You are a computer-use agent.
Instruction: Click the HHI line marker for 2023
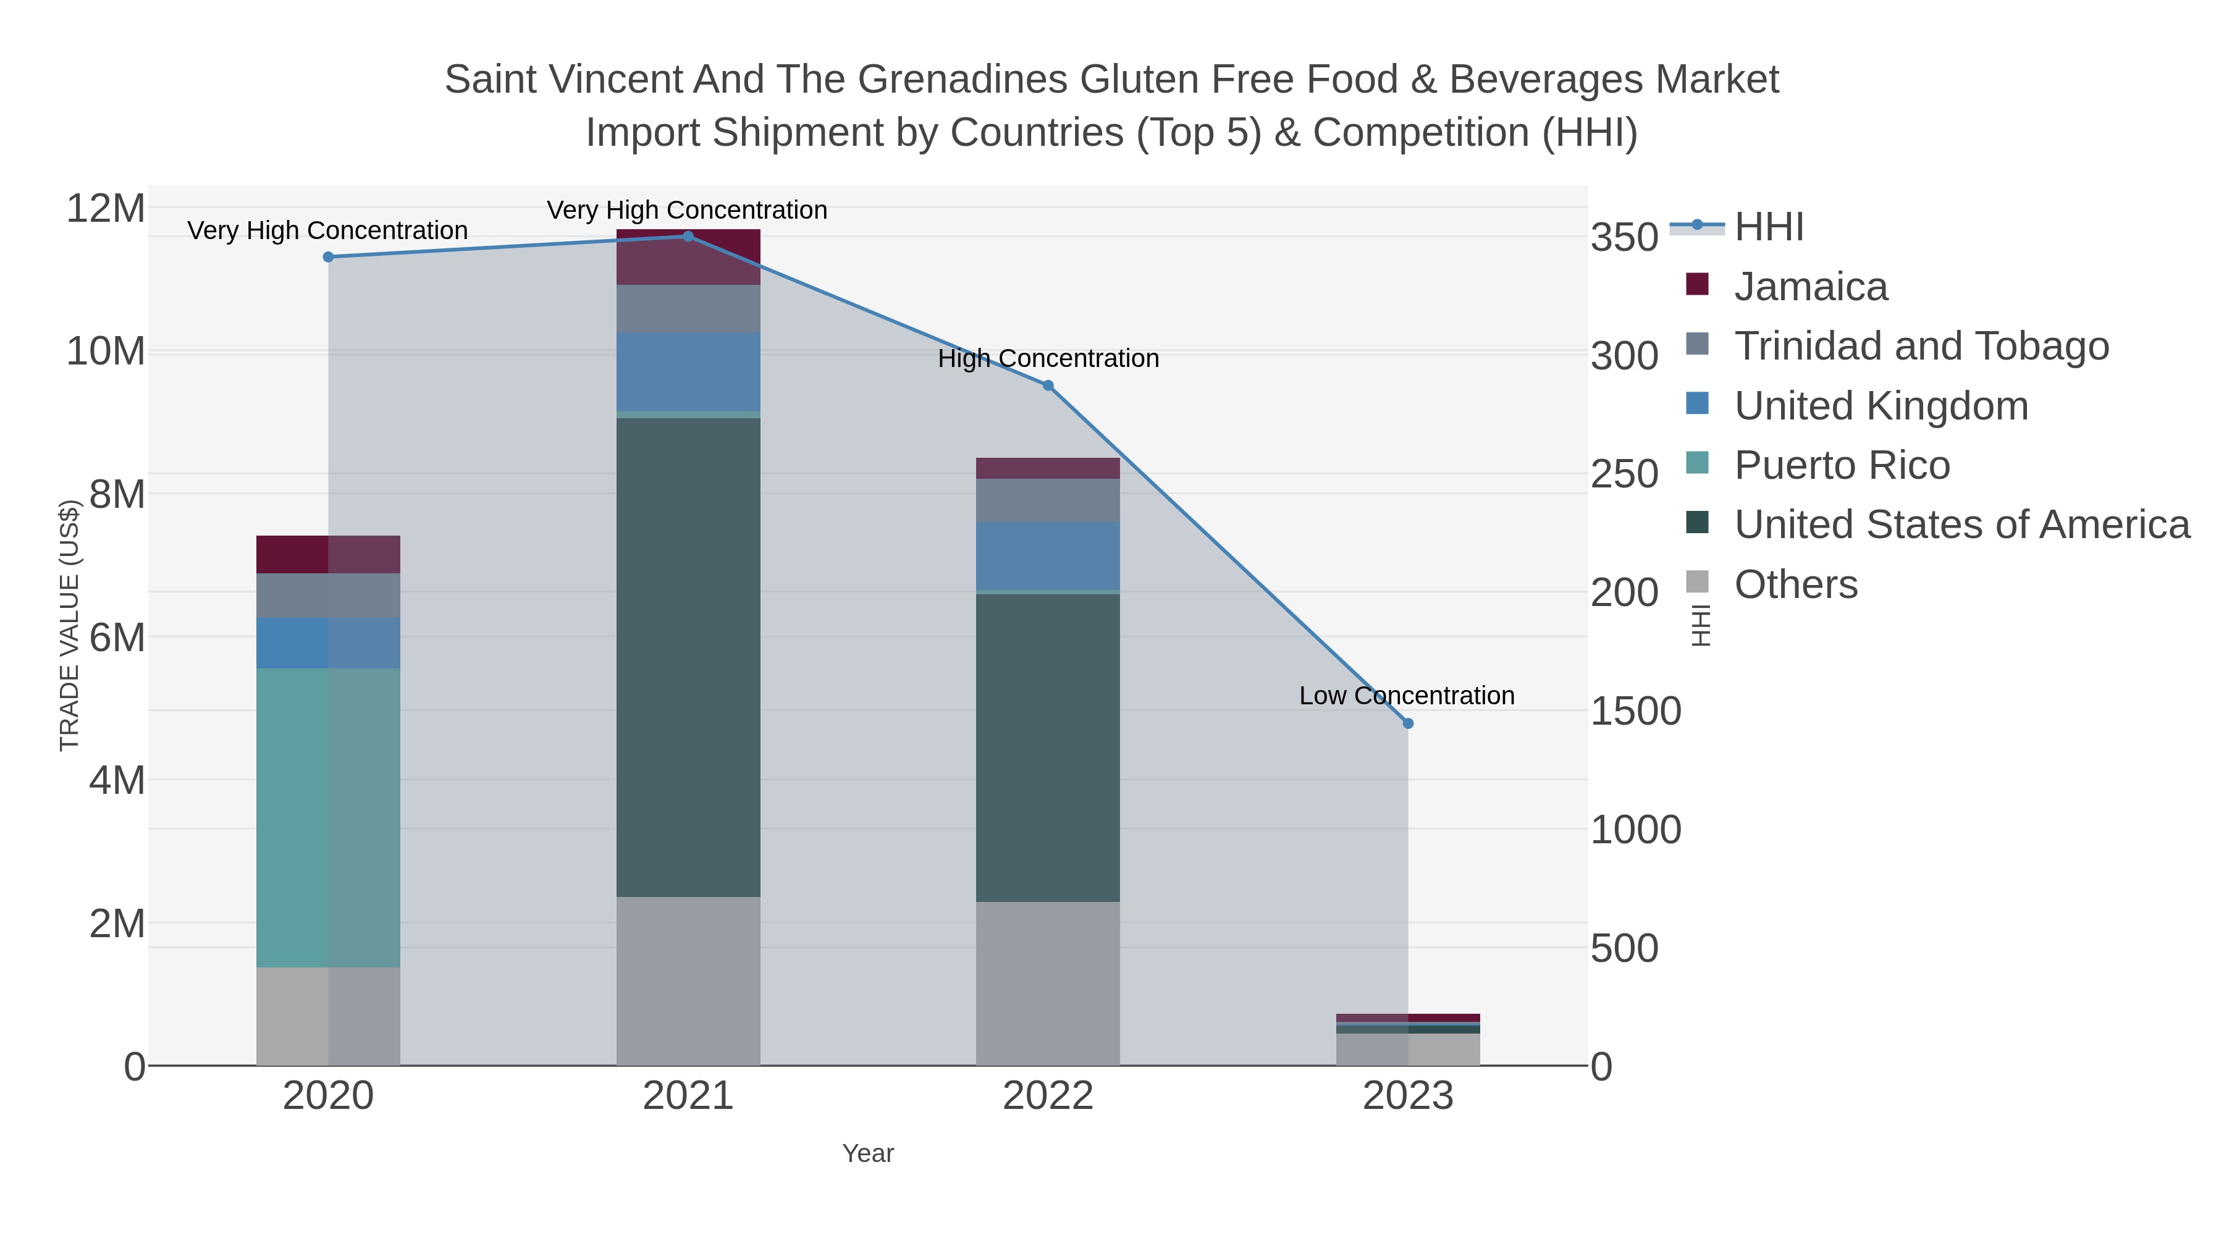coord(1407,723)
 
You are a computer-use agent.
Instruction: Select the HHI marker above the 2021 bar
coord(688,237)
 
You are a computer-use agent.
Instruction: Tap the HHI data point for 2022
coord(1048,386)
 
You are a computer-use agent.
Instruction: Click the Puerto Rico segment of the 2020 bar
coord(328,817)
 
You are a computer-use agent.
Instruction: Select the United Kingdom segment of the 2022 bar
coord(1048,556)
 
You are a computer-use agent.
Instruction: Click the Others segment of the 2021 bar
coord(688,981)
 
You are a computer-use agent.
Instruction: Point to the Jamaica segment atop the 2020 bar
coord(328,554)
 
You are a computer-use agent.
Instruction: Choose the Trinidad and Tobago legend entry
coord(1921,346)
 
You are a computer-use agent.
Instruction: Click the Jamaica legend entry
coord(1811,287)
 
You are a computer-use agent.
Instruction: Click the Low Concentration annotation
coord(1407,696)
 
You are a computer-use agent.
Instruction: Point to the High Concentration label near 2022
coord(1048,358)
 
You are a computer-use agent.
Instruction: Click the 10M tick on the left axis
coord(105,352)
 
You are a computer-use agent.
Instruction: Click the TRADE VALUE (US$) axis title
coord(69,625)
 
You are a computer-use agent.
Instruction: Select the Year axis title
coord(868,1153)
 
